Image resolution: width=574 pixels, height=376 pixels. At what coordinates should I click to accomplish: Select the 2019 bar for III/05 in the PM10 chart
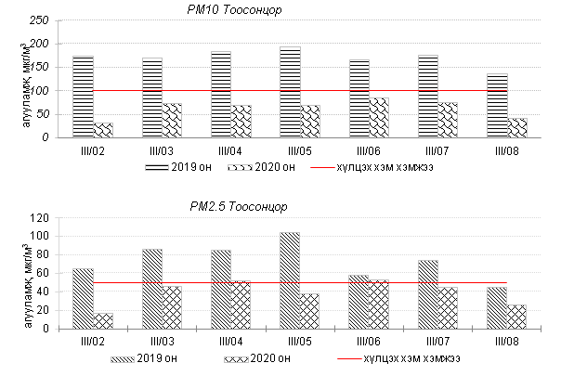coord(290,92)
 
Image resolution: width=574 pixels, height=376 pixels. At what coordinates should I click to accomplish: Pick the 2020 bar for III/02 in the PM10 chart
coord(102,130)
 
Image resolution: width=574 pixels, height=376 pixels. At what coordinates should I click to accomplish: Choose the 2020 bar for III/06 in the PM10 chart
coord(378,117)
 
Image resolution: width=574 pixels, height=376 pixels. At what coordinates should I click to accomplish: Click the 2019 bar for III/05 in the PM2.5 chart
coord(290,279)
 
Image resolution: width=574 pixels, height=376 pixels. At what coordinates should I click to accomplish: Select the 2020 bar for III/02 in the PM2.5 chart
coord(102,321)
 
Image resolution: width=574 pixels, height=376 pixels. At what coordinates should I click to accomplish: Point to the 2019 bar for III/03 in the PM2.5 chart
coord(152,288)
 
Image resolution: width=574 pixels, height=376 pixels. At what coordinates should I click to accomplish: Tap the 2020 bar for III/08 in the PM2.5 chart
coord(516,317)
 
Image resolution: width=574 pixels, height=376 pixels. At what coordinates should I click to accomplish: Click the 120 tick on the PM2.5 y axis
coord(39,218)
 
